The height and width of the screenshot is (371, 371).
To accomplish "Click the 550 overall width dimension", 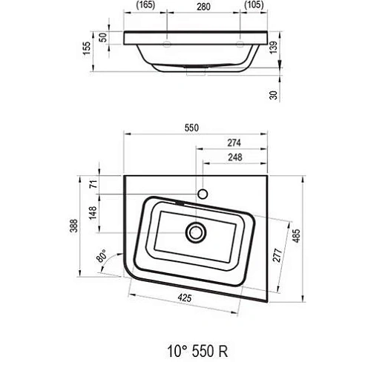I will tap(192, 128).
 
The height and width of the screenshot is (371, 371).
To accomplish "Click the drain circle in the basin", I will tap(197, 232).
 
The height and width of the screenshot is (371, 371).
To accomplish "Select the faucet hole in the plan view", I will tap(203, 195).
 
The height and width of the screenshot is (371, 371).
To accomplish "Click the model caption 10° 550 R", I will tap(191, 347).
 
